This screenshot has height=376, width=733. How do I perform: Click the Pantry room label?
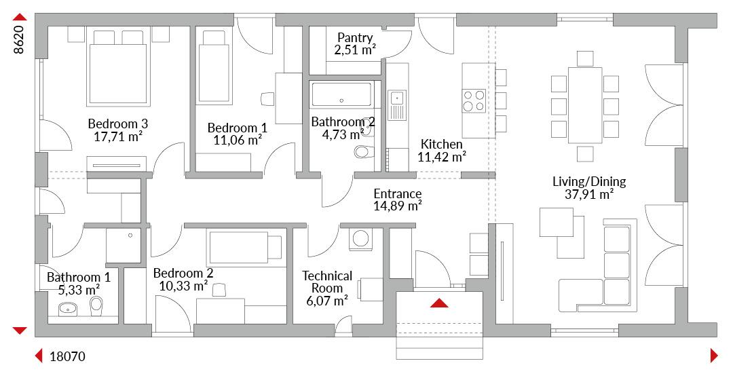355,37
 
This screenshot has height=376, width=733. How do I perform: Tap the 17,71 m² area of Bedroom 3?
118,136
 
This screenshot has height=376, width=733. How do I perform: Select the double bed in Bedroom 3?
118,67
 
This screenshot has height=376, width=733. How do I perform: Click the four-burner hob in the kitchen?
474,100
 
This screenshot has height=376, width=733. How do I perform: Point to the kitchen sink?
397,98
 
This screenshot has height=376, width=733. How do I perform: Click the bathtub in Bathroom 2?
341,94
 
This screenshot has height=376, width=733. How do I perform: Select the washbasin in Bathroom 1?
69,309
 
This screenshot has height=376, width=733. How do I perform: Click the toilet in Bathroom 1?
96,306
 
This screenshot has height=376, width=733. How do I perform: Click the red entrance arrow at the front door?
439,303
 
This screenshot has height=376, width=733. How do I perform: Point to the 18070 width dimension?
68,357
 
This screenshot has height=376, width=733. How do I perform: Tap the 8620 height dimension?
18,37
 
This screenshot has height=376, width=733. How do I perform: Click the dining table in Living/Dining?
585,106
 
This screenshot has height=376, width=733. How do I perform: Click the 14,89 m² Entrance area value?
398,206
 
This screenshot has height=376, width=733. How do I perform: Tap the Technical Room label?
327,282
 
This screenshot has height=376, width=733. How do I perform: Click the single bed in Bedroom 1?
214,67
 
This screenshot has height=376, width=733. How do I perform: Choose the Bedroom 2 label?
183,273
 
